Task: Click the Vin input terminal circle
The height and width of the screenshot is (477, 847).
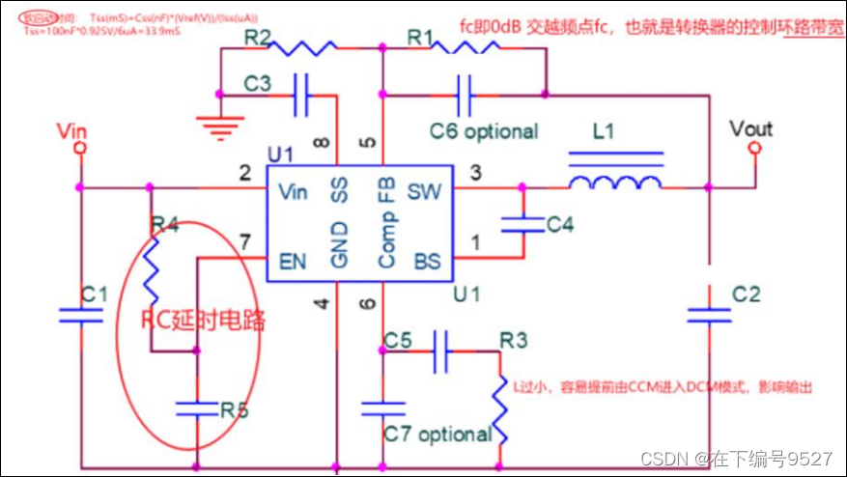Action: click(x=80, y=148)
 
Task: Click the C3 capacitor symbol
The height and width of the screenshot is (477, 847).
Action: click(x=301, y=94)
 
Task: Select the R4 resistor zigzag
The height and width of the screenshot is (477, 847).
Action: click(x=151, y=269)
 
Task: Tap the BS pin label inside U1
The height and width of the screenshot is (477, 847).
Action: click(x=426, y=261)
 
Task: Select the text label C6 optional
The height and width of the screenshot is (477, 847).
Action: click(x=484, y=130)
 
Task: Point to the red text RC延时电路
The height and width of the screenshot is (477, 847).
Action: click(x=203, y=320)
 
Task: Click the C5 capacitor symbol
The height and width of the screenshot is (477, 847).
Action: click(x=440, y=352)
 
